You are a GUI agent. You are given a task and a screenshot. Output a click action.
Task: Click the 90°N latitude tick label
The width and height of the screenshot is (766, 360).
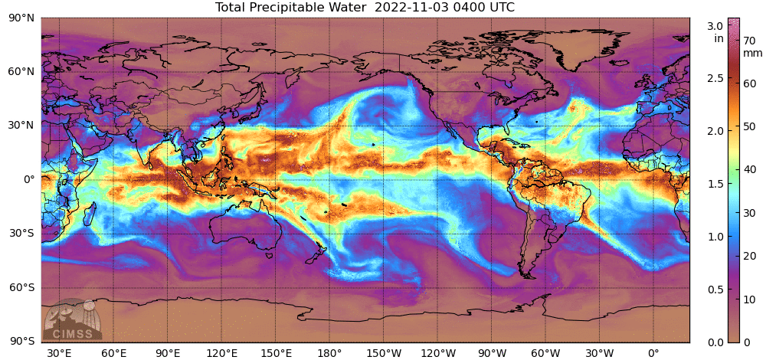(22, 17)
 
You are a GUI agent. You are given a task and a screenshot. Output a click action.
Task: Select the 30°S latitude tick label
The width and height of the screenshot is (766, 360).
(22, 233)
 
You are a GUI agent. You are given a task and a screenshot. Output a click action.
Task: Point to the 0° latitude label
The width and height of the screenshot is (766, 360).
(28, 179)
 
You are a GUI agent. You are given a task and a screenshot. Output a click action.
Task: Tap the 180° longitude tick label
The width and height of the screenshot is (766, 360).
(329, 353)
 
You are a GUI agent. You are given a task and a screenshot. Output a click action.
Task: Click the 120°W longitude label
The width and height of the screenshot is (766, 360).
(438, 353)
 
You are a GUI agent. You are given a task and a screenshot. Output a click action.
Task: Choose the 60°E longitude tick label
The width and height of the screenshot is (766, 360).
(113, 353)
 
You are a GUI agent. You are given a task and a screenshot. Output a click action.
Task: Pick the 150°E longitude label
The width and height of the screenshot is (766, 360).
(276, 353)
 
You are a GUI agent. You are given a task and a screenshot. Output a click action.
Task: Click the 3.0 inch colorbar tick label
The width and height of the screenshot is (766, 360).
(714, 26)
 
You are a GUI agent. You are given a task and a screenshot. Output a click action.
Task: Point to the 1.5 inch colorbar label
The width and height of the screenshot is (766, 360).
(714, 184)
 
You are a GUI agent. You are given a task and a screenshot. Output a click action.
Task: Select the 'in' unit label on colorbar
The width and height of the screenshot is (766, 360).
(719, 38)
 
